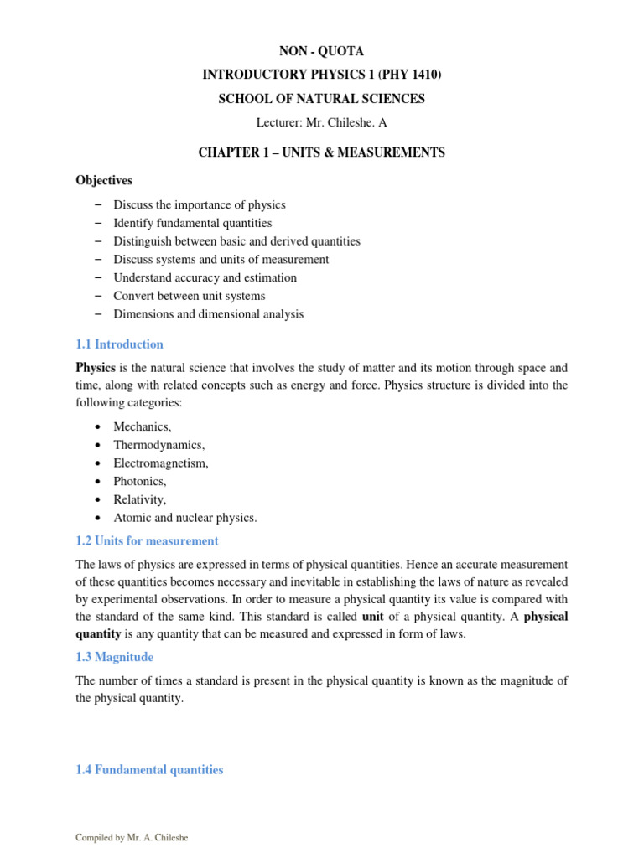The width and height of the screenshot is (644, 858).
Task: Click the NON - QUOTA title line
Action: click(321, 52)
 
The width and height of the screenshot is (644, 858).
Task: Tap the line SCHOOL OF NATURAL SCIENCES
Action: click(321, 99)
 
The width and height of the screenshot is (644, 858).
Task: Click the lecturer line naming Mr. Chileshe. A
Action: click(321, 123)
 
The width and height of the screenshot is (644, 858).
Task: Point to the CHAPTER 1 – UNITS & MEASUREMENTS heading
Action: click(321, 152)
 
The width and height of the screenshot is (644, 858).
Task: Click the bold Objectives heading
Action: click(104, 180)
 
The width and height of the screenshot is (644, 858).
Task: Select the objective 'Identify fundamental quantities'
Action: click(192, 223)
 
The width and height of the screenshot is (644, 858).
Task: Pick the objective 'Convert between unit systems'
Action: click(189, 296)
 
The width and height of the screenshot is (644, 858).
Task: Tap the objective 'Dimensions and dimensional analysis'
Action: click(208, 314)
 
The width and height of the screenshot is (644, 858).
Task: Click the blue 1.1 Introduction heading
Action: click(119, 344)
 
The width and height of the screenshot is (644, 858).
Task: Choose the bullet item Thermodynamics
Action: click(158, 445)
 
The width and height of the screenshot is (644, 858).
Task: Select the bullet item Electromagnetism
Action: click(161, 463)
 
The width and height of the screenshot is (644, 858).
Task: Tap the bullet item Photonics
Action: click(140, 481)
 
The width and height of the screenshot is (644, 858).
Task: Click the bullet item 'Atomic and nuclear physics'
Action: click(184, 518)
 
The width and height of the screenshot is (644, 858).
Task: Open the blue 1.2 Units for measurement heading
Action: click(147, 541)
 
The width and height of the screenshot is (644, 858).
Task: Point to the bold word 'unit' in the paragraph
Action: click(372, 617)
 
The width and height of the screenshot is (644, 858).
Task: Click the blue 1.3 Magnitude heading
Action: click(115, 658)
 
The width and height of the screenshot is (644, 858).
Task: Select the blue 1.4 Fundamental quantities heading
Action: click(149, 770)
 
